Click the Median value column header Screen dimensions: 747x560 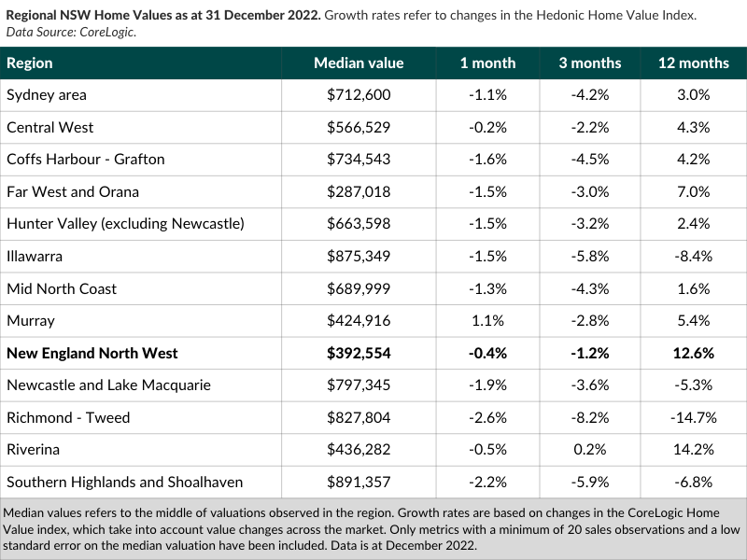[x=359, y=63]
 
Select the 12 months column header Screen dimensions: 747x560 [x=694, y=63]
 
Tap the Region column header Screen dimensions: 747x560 [x=30, y=63]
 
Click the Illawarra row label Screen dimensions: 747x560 [x=35, y=256]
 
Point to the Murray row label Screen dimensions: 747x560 [x=31, y=321]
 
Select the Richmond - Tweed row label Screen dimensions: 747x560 [x=68, y=417]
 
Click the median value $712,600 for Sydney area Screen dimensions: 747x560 [x=359, y=95]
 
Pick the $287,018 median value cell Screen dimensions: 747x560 [x=359, y=192]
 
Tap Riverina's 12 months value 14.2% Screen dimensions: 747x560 [x=694, y=450]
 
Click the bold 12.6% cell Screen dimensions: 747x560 [x=694, y=354]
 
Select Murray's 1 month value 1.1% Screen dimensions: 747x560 [x=487, y=321]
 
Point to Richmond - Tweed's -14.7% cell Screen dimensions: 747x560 [x=694, y=417]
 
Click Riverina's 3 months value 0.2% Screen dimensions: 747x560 [x=590, y=450]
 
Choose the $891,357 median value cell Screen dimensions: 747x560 [x=359, y=482]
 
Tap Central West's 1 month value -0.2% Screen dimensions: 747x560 [x=487, y=128]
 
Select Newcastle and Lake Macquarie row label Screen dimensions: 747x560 [x=108, y=385]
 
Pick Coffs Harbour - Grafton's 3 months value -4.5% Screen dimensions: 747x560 [x=590, y=159]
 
